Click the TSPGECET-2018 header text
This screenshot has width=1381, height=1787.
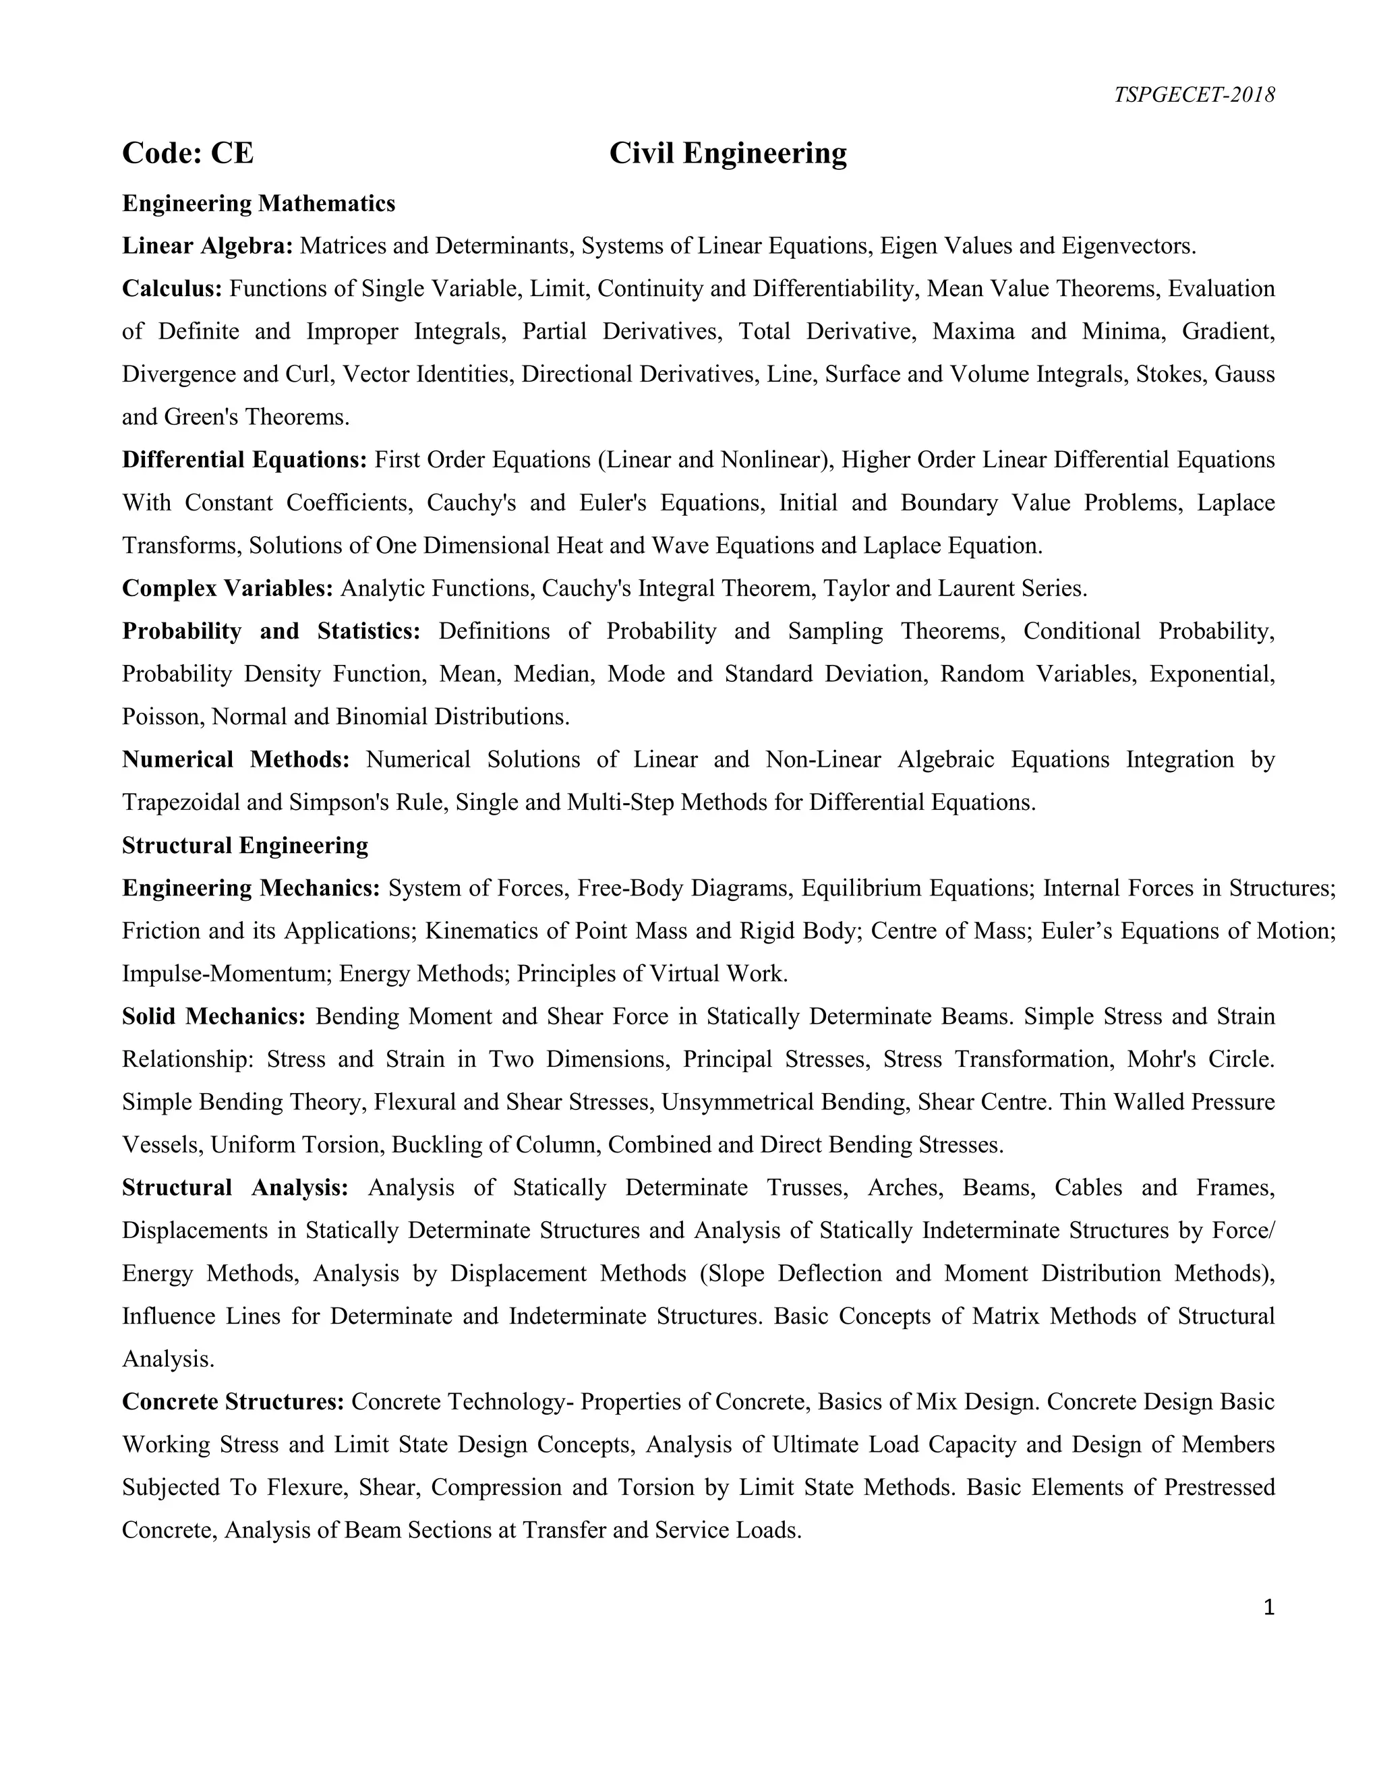pos(1194,95)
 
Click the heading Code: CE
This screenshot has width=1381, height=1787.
pos(187,153)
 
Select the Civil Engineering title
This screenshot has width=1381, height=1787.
pos(728,153)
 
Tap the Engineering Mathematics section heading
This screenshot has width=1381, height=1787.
pos(258,203)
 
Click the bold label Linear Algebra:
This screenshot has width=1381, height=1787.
pos(207,245)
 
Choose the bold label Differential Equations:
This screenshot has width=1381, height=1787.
pos(245,459)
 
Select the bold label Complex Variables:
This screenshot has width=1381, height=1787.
pos(227,587)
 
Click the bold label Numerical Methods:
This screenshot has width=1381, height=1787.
pos(235,759)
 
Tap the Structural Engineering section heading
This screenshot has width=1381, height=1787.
pos(245,844)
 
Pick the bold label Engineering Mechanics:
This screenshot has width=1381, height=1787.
pos(250,888)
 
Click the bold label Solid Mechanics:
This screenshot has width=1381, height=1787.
pos(214,1016)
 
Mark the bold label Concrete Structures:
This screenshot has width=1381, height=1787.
pos(233,1402)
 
